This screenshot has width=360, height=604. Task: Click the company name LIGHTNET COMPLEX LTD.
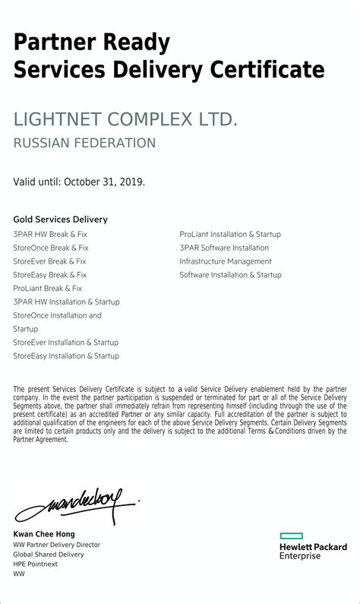[x=125, y=119]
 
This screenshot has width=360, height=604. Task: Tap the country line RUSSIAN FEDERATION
[x=84, y=143]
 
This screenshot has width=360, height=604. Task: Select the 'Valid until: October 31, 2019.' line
[x=79, y=182]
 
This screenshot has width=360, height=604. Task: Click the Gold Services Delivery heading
[x=61, y=220]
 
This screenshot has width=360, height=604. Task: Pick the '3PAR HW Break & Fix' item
[x=50, y=235]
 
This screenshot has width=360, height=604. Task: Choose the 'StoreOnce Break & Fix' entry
[x=51, y=248]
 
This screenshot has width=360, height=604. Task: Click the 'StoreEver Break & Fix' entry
[x=50, y=261]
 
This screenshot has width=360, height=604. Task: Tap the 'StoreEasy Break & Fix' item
[x=50, y=275]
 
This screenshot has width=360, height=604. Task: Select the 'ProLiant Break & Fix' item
[x=48, y=289]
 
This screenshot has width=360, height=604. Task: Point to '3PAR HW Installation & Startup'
[x=66, y=302]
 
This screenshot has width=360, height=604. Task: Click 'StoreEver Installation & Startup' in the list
[x=66, y=343]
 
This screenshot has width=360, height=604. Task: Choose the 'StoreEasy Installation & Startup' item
[x=66, y=356]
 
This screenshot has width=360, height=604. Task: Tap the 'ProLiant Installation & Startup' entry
[x=230, y=235]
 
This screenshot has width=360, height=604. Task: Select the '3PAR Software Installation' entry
[x=224, y=248]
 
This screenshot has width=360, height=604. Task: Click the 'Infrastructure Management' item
[x=226, y=261]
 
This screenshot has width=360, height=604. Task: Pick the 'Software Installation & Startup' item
[x=230, y=275]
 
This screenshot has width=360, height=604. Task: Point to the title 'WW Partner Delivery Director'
[x=57, y=545]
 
